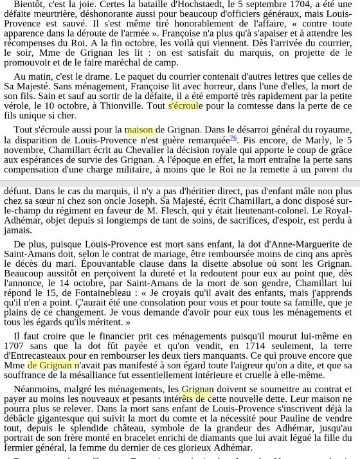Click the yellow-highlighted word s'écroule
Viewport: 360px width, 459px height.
[x=183, y=106]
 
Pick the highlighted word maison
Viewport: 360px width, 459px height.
[x=139, y=130]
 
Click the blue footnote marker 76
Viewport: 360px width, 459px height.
[x=233, y=138]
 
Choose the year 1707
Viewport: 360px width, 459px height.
[x=15, y=346]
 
